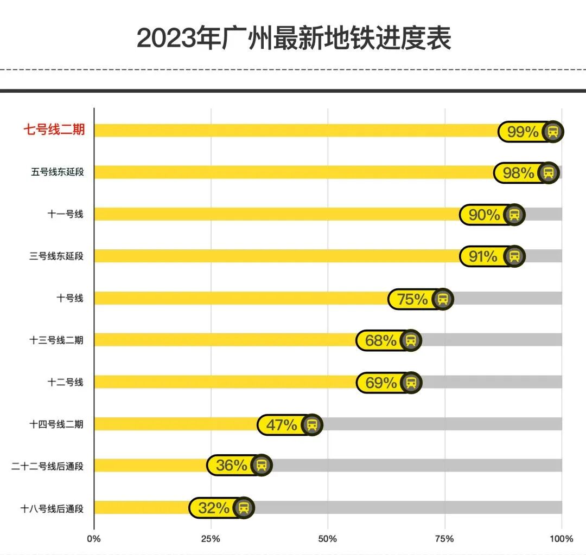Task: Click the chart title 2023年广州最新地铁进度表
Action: (x=294, y=39)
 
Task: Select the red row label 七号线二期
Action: (x=54, y=130)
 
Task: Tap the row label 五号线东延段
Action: (x=57, y=172)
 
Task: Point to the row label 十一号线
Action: (x=65, y=214)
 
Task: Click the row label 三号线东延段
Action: (x=56, y=256)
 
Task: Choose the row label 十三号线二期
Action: (x=56, y=340)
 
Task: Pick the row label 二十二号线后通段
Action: (x=48, y=466)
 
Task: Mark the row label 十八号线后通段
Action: (x=52, y=508)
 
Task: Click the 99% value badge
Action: (x=522, y=132)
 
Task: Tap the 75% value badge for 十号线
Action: (x=412, y=299)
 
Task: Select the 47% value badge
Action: (x=282, y=425)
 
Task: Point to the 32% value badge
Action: (x=213, y=508)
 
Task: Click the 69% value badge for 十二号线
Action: (x=381, y=383)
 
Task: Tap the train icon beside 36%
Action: (x=262, y=466)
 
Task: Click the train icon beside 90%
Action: (x=514, y=215)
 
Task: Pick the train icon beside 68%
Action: (x=411, y=341)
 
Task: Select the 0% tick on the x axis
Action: (x=94, y=539)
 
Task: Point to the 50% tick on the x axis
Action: (x=328, y=539)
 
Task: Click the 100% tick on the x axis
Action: (x=561, y=539)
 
